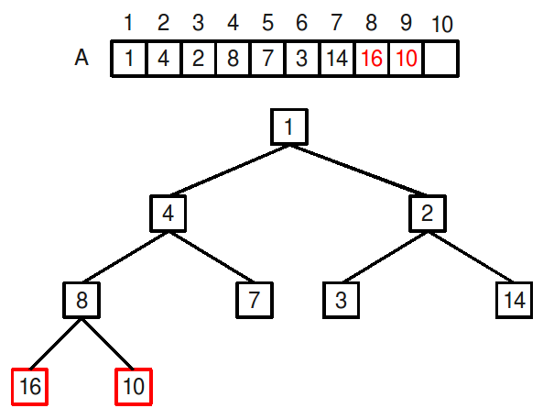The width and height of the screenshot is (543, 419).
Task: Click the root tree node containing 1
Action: [289, 127]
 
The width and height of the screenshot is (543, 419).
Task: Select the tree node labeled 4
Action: [168, 214]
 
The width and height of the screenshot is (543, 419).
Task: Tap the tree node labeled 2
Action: [428, 214]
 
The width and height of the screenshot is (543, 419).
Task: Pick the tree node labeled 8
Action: [81, 300]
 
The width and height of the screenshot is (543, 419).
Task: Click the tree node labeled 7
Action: [255, 300]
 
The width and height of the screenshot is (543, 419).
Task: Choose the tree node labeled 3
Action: [342, 300]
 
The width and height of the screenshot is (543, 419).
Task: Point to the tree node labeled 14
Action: [515, 300]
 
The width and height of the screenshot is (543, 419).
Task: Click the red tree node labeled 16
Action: [30, 387]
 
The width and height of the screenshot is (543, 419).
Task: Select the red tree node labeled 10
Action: [134, 387]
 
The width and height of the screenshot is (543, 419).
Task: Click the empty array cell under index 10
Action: [441, 59]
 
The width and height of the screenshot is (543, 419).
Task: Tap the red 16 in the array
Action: [372, 59]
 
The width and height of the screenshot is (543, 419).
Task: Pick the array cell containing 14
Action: [337, 59]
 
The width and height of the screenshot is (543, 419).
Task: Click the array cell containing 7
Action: [267, 59]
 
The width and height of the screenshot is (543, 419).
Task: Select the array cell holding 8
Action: [233, 59]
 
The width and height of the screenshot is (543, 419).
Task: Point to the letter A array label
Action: [81, 58]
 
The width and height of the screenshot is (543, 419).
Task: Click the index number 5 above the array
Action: [267, 23]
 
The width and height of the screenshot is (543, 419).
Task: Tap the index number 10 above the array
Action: [442, 24]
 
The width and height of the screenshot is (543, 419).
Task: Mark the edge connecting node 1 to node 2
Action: [358, 170]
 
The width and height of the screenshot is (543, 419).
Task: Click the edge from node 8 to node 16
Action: [56, 344]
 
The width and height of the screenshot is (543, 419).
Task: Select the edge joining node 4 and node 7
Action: [212, 257]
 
